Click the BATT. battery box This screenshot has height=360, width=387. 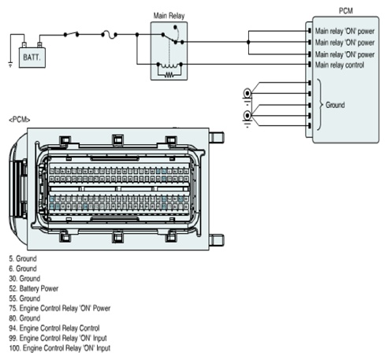click(32, 58)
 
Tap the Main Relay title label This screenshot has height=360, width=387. click(169, 16)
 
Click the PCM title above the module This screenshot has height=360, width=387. click(346, 11)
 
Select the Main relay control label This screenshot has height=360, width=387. click(340, 65)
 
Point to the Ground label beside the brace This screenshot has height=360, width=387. click(335, 105)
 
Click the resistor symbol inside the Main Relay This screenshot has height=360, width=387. click(169, 75)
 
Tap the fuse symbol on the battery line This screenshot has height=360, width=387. click(109, 35)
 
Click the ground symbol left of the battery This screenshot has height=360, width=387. click(10, 64)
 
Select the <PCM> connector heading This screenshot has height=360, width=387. click(20, 120)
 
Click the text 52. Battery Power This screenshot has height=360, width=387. click(34, 288)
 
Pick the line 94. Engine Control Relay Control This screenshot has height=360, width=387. click(54, 328)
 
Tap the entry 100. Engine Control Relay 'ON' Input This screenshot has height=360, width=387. click(60, 348)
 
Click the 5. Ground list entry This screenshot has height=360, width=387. click(23, 258)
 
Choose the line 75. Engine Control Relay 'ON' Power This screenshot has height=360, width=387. click(60, 308)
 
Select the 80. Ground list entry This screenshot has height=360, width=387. click(24, 318)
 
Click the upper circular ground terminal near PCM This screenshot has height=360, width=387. click(247, 93)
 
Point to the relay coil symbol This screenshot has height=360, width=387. click(169, 65)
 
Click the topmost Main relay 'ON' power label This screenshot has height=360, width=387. click(344, 32)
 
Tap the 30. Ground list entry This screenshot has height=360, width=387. click(24, 279)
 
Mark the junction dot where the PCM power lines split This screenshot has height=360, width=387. click(248, 42)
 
